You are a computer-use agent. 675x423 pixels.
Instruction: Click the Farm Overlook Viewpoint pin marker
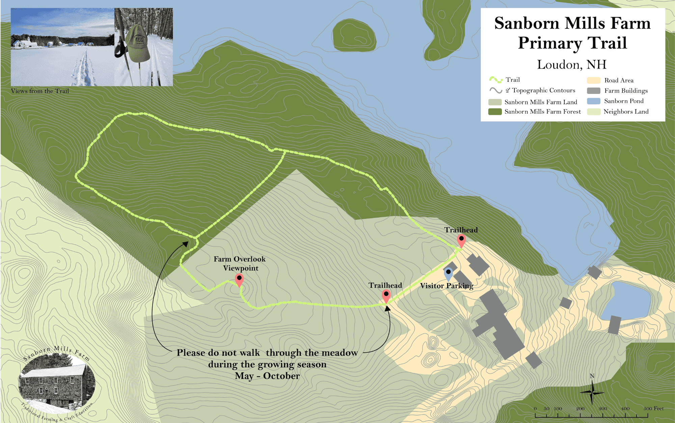pyautogui.click(x=239, y=279)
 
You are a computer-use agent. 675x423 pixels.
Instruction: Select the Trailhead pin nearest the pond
pyautogui.click(x=461, y=240)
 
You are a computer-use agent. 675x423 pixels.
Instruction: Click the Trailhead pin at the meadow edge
pyautogui.click(x=386, y=296)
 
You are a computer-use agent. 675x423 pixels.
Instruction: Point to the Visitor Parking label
pyautogui.click(x=447, y=286)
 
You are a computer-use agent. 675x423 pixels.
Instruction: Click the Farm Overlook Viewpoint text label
pyautogui.click(x=240, y=264)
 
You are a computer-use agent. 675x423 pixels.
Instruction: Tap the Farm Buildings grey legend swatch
pyautogui.click(x=593, y=91)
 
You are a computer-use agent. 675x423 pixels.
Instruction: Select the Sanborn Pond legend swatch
pyautogui.click(x=593, y=101)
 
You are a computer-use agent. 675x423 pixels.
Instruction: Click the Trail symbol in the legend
pyautogui.click(x=496, y=80)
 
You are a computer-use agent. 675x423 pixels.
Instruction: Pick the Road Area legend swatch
pyautogui.click(x=593, y=80)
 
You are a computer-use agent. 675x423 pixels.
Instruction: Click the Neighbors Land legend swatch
pyautogui.click(x=593, y=111)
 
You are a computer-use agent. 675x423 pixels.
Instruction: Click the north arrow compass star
pyautogui.click(x=592, y=392)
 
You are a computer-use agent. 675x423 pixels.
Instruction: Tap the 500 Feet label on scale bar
pyautogui.click(x=653, y=408)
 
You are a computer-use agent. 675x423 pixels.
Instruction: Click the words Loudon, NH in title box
pyautogui.click(x=572, y=64)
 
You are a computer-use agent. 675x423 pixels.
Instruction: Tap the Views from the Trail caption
pyautogui.click(x=40, y=91)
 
